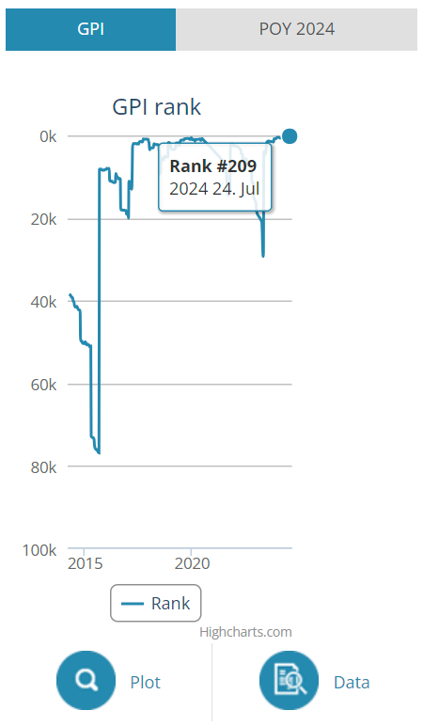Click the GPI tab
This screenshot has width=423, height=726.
coord(90,29)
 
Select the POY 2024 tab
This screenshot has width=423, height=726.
coord(297,29)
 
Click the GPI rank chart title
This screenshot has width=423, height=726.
coord(156,107)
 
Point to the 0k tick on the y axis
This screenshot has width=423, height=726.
coord(48,136)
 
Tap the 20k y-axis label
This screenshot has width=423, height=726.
coord(43,219)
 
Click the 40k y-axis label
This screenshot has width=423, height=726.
coord(43,302)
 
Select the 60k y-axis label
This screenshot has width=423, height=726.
coord(43,385)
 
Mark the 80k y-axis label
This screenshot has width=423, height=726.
coord(43,466)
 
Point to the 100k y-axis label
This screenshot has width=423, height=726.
coord(39,549)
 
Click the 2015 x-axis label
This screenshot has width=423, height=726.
coord(86,563)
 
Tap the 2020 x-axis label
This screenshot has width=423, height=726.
coord(192,563)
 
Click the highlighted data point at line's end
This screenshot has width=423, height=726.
coord(290,136)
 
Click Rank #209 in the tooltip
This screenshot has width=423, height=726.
coord(212,166)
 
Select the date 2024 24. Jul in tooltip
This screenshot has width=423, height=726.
coord(214,189)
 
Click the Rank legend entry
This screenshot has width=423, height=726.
coord(155,603)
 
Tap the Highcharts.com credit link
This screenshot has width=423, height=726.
coord(245,632)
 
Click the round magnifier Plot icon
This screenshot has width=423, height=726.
coord(86,680)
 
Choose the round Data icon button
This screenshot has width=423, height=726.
coord(290,680)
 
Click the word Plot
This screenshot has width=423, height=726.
coord(146,682)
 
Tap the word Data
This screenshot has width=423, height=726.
coord(352,682)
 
